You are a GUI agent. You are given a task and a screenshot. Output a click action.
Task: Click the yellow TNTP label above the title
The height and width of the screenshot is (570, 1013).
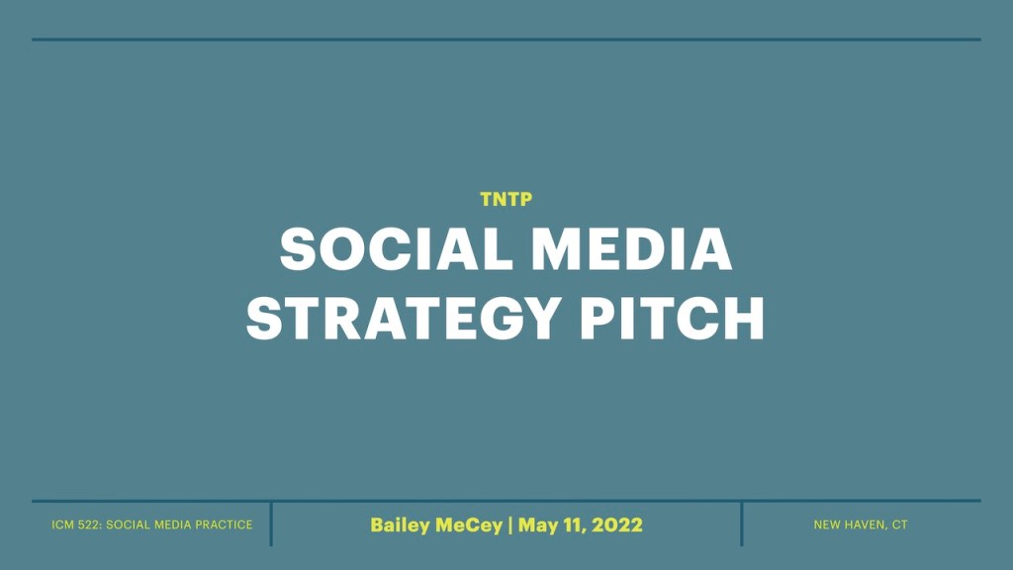pyautogui.click(x=506, y=199)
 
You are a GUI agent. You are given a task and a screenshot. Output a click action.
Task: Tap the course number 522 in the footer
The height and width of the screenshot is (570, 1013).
pyautogui.click(x=91, y=524)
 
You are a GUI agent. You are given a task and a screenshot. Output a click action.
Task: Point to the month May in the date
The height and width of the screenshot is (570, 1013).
pyautogui.click(x=538, y=525)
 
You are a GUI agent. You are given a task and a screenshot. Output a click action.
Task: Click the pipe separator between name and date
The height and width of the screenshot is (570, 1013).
pyautogui.click(x=510, y=524)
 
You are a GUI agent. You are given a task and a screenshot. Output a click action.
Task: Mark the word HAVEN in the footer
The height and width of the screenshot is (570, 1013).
pyautogui.click(x=862, y=524)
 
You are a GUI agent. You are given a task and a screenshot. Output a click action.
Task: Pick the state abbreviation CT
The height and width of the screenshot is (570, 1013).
pyautogui.click(x=899, y=524)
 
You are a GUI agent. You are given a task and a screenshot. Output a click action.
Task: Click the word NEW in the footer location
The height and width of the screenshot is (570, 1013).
pyautogui.click(x=826, y=524)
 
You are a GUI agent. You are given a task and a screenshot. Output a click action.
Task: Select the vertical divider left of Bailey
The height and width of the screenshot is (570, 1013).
pyautogui.click(x=271, y=523)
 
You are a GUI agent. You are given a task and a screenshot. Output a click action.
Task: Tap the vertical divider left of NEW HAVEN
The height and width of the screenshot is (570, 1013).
pyautogui.click(x=741, y=523)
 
